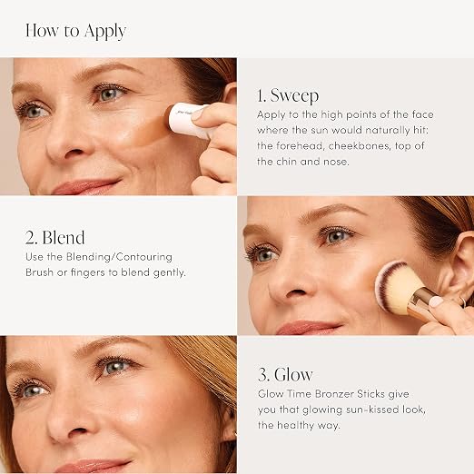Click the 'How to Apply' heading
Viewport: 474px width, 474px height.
click(75, 31)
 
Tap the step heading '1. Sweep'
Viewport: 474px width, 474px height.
click(288, 95)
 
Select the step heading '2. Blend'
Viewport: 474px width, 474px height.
click(55, 238)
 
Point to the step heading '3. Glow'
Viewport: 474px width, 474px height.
click(285, 375)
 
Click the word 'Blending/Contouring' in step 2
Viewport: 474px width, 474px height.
click(119, 257)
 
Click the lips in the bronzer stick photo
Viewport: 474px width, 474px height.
click(86, 186)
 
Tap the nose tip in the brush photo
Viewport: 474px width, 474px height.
click(291, 291)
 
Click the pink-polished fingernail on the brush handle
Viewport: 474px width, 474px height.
click(437, 301)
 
